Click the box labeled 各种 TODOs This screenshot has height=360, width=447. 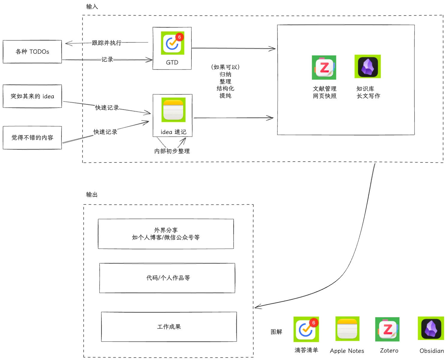pos(32,52)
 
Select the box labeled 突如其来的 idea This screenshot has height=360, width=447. pos(32,96)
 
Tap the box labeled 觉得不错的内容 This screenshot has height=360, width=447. pos(32,138)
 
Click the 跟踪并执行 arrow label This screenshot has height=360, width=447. pos(106,43)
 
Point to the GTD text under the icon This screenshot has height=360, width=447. pos(172,62)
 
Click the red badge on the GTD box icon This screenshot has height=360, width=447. pos(179,37)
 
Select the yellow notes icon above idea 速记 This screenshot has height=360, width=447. pos(173,110)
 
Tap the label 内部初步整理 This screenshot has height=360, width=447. pos(172,151)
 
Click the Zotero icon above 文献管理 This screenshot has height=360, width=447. pos(324,67)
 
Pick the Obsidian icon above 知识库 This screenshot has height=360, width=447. pos(367,67)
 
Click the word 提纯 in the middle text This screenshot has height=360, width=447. pos(225,96)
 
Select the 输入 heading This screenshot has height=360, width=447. pos(92,7)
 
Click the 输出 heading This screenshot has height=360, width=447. pos(92,195)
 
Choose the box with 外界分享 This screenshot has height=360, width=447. pos(166,234)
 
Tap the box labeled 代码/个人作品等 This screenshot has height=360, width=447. pos(167,278)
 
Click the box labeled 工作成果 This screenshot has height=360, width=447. pos(169,327)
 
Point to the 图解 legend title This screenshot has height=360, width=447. pos(276,332)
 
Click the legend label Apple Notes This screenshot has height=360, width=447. pos(347,351)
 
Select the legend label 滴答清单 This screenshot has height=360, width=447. pos(306,350)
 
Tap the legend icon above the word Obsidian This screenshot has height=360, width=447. pos(431,329)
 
